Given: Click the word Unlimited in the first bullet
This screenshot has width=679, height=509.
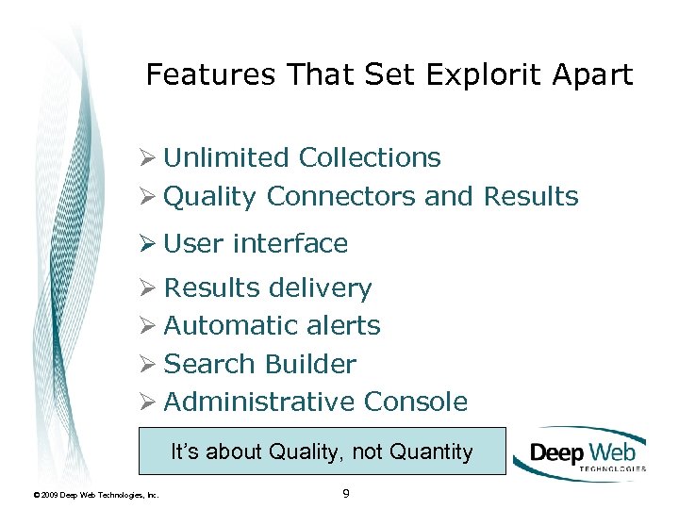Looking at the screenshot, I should [226, 157].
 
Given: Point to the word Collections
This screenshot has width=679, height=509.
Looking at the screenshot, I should [370, 157].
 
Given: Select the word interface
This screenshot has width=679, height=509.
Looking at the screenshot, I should [290, 243].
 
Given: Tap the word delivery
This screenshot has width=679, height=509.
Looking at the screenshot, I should [321, 287].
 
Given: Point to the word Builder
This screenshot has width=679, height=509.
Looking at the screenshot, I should [310, 364].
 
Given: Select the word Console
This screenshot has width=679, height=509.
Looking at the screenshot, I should [415, 402].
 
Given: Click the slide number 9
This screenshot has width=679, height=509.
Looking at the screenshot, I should [346, 492].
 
